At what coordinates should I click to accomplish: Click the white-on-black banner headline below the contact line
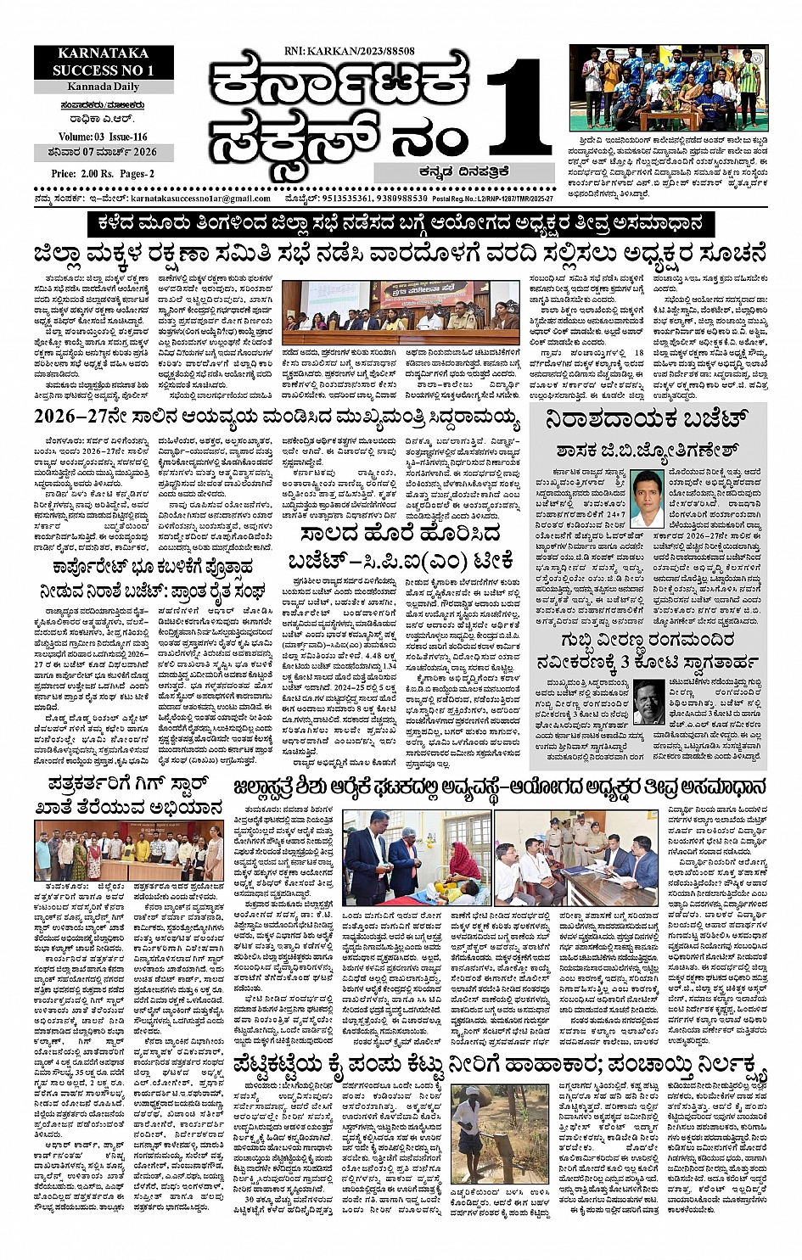400,225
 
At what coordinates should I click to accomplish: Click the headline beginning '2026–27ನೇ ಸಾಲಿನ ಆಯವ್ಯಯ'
287,417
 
